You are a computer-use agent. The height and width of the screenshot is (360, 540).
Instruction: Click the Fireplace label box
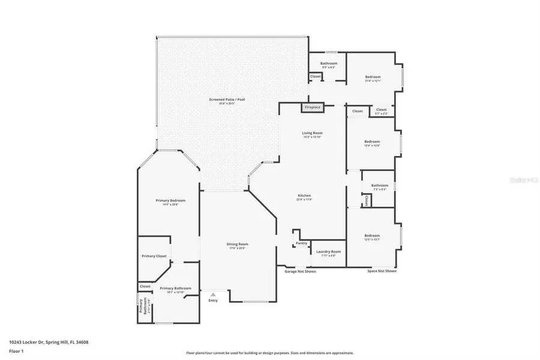coord(313,107)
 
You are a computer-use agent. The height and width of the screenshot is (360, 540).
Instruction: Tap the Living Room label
coord(312,133)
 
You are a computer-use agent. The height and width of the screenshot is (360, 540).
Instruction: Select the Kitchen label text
coord(304,196)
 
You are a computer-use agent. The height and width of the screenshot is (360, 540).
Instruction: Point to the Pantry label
coord(301,243)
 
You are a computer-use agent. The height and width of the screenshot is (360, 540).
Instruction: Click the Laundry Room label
coord(329,251)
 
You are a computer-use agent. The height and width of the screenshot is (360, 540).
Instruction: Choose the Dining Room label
coord(237,244)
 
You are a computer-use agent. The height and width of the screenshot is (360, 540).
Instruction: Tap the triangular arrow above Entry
coord(213,294)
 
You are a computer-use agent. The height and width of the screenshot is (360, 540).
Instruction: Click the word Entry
coord(213,300)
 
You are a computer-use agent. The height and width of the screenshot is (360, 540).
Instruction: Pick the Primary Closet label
coord(154,256)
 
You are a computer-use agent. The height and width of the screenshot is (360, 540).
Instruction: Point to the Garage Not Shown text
coord(300,271)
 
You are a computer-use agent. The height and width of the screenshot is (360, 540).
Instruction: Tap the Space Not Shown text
coord(382,271)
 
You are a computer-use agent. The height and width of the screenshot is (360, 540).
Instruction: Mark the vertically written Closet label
coord(366,200)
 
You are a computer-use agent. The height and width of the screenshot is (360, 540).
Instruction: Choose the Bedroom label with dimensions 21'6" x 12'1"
coord(373,77)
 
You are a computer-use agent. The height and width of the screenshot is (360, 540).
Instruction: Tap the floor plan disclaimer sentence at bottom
coord(270,353)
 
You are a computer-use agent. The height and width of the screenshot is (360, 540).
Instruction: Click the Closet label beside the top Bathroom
coord(315,77)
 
